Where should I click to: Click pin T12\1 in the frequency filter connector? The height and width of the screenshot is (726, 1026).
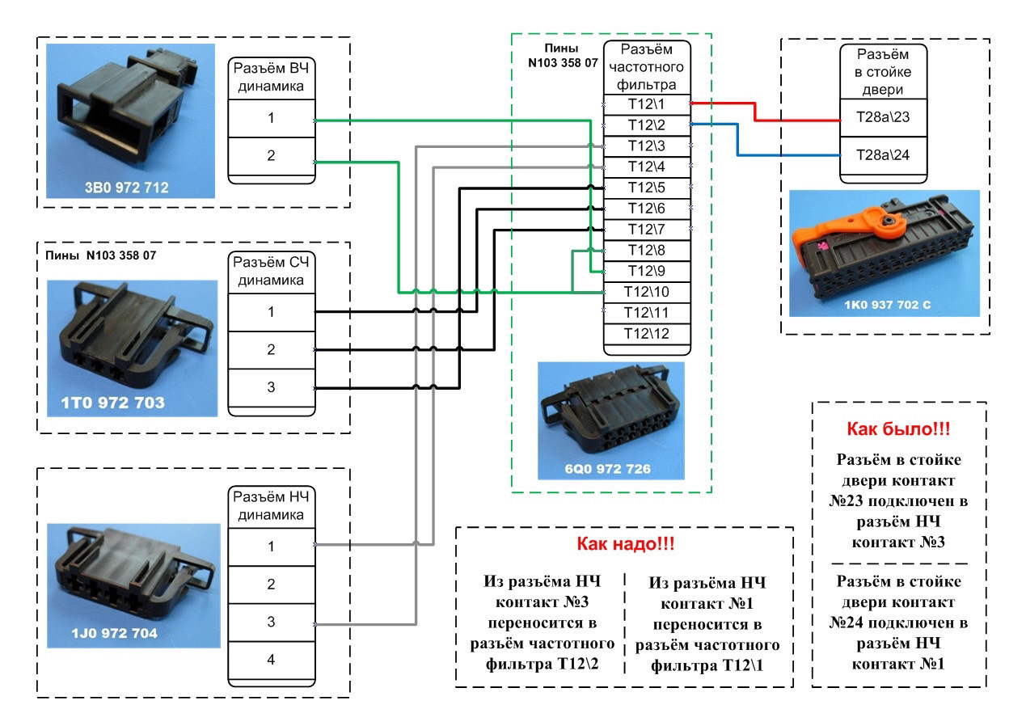tap(647, 103)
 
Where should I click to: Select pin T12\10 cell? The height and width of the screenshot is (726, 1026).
tap(647, 291)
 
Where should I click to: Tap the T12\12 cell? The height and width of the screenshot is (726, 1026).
tap(647, 333)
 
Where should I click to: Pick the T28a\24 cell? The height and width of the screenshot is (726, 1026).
tap(883, 155)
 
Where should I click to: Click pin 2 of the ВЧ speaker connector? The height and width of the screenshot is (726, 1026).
tap(271, 155)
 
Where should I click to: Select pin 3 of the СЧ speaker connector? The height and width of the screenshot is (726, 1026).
tap(271, 388)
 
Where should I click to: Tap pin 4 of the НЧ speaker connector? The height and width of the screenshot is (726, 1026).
tap(271, 660)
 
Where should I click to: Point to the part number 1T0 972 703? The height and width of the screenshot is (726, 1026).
tap(113, 403)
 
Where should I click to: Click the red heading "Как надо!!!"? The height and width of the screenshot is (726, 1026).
tap(625, 544)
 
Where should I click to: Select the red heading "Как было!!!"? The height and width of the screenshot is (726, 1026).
tap(898, 428)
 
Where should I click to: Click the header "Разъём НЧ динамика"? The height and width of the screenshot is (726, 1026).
tap(270, 505)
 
